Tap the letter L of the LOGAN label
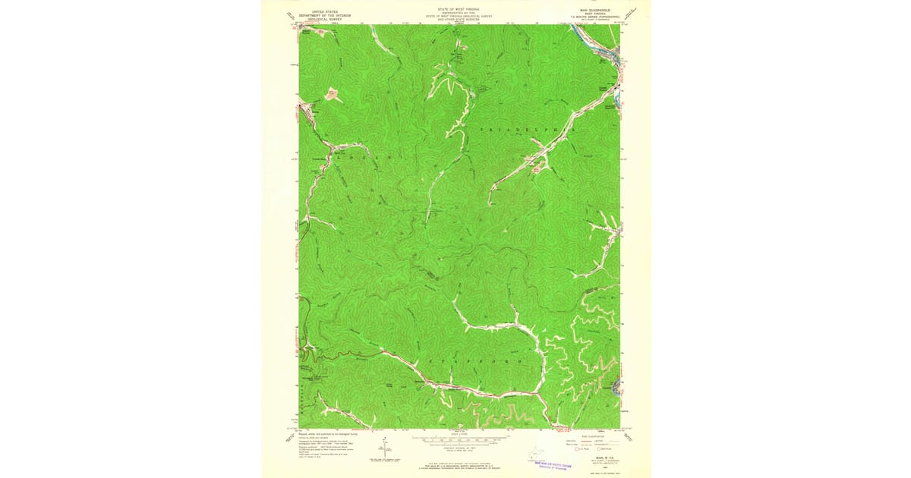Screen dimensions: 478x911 pyautogui.click(x=337, y=156)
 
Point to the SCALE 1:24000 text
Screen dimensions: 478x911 pyautogui.click(x=459, y=434)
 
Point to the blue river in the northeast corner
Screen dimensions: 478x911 pyautogui.click(x=607, y=53)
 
